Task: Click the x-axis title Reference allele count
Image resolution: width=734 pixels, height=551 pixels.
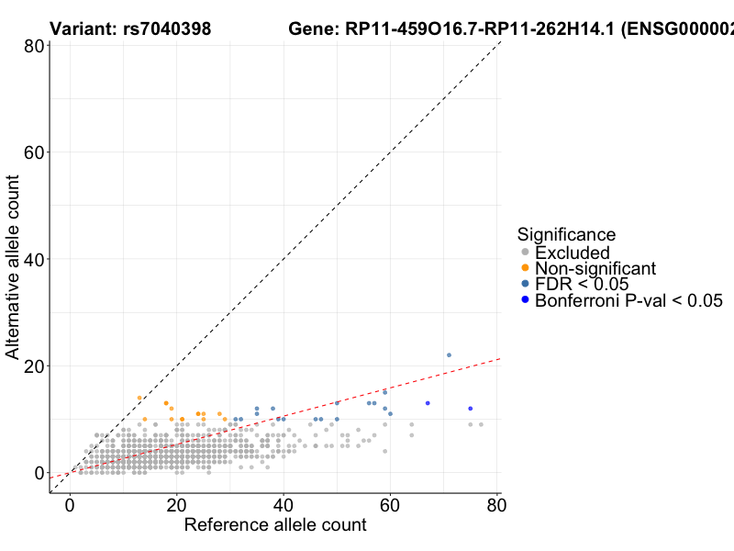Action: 275,525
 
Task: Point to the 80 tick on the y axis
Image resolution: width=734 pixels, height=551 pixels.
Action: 37,46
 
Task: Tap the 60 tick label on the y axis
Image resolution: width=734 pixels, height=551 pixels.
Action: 37,152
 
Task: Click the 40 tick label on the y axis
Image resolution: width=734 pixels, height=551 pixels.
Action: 37,259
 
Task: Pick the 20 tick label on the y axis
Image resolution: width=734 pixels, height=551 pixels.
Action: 37,365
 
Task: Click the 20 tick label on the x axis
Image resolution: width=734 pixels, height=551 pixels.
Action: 176,506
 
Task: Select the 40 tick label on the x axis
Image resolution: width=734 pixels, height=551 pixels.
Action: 284,506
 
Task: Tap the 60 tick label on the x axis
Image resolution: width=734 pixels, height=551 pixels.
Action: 390,506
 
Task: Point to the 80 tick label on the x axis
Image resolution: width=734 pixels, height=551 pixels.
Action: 496,506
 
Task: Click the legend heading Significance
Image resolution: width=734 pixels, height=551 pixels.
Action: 566,235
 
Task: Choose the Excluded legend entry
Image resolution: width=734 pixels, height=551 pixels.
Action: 572,253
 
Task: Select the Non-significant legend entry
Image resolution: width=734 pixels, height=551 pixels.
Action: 595,268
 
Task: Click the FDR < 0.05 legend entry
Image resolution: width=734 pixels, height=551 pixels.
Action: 582,284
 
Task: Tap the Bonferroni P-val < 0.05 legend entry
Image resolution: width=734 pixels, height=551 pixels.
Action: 628,300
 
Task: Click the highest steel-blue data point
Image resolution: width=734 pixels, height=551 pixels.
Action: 449,354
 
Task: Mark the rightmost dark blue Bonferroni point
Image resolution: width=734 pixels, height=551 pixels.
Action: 470,409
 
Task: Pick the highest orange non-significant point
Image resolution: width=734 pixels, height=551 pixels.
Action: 139,398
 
